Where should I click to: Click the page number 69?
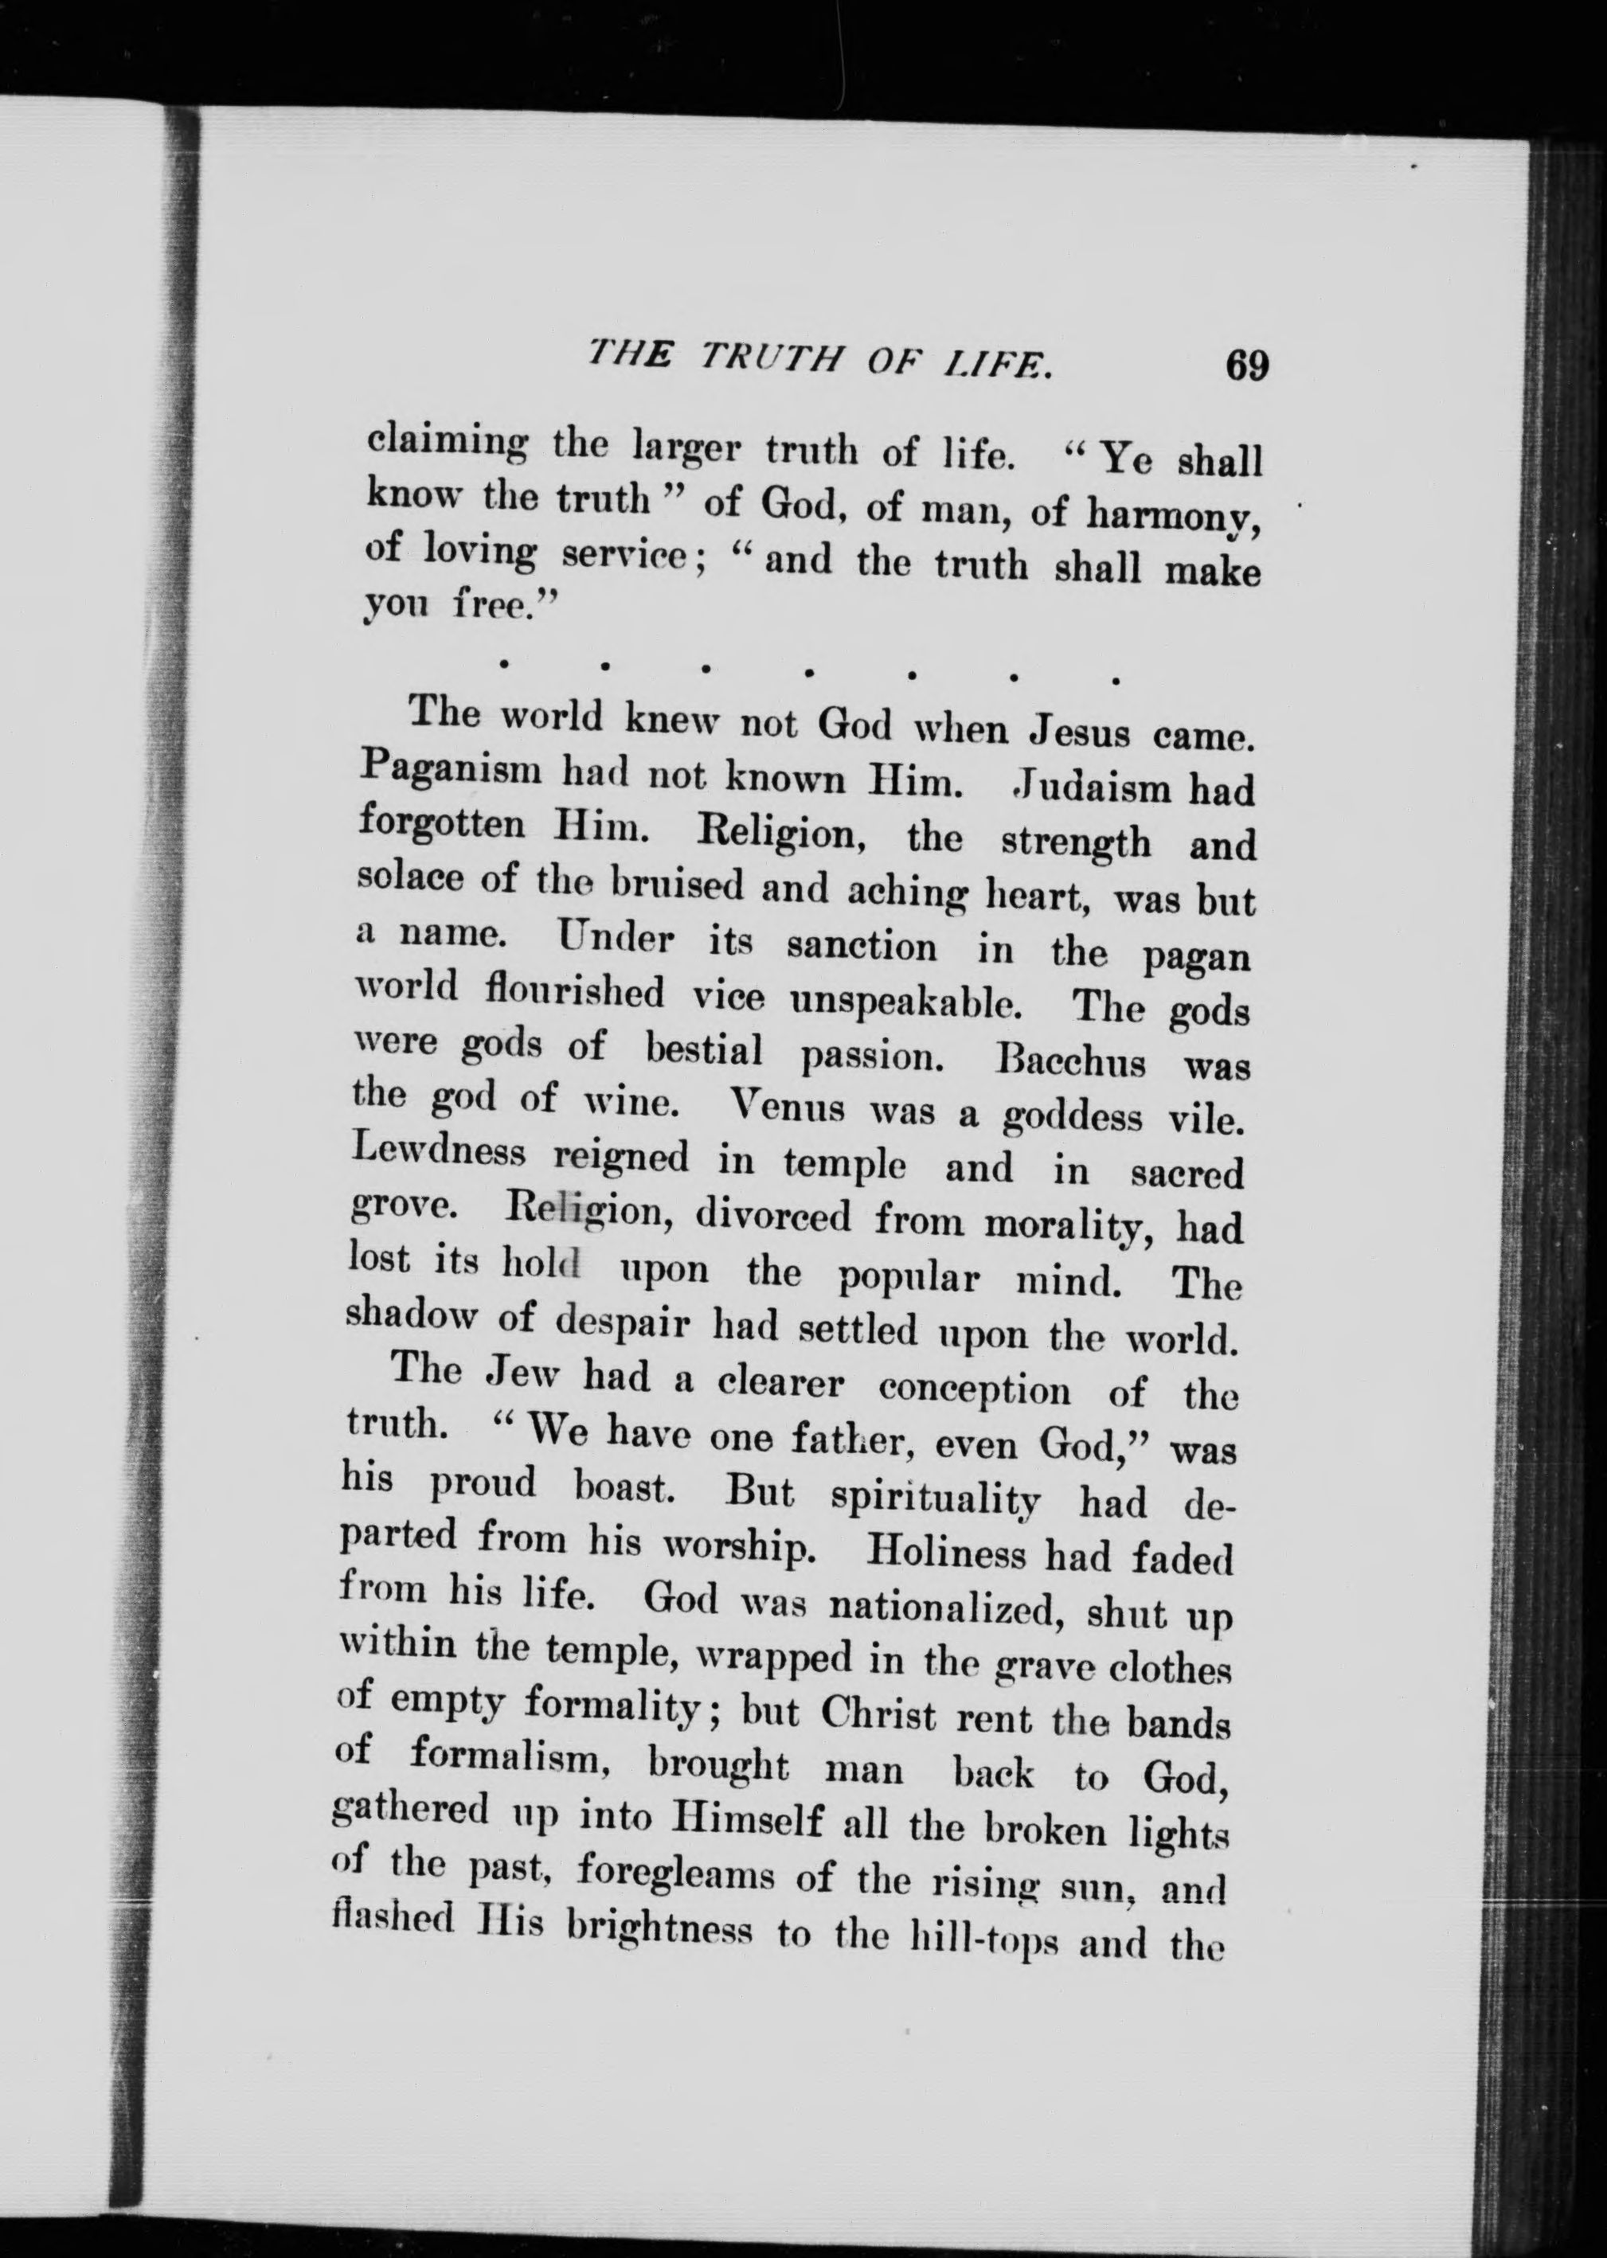tap(1245, 366)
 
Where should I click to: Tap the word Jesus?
tap(1080, 732)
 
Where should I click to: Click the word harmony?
tap(1172, 514)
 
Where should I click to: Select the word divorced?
tap(772, 1216)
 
